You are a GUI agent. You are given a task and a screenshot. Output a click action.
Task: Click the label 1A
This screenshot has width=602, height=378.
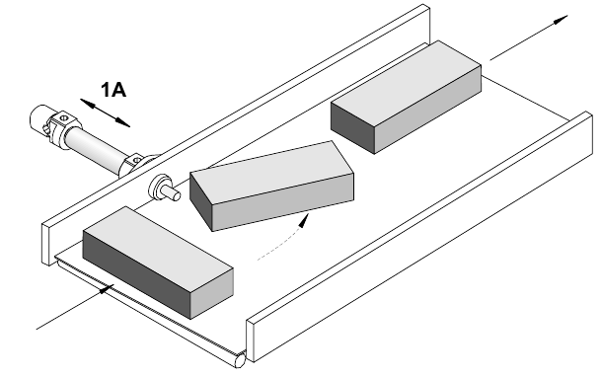(113, 90)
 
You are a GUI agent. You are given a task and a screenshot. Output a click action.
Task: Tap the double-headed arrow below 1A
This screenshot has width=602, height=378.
(105, 113)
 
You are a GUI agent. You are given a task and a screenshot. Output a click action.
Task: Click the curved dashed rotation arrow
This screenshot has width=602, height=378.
(284, 239)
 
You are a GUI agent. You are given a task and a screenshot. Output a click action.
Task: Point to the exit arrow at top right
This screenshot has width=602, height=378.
(529, 38)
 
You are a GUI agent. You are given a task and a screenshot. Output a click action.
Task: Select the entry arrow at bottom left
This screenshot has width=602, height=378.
(75, 307)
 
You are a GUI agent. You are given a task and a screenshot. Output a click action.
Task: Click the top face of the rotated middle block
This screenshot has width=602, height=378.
(271, 172)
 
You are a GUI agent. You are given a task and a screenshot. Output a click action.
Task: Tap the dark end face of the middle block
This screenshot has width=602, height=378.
(200, 202)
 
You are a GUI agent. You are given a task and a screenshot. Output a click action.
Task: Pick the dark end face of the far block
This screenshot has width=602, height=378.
(353, 126)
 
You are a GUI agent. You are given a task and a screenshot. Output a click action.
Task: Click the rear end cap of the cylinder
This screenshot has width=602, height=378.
(39, 118)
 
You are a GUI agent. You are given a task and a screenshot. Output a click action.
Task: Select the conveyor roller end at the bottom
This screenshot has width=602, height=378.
(241, 360)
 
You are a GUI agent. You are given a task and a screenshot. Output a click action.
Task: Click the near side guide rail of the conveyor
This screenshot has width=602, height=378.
(419, 236)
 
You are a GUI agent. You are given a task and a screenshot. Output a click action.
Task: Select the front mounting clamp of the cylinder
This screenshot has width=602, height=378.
(135, 163)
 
